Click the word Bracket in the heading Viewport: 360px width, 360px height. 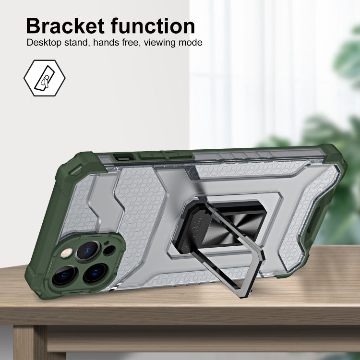(65, 26)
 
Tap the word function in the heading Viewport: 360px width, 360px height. (153, 26)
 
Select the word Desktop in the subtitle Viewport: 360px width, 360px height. (44, 43)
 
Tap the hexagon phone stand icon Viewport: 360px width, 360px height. (44, 78)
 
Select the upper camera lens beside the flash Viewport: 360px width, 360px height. (88, 251)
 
